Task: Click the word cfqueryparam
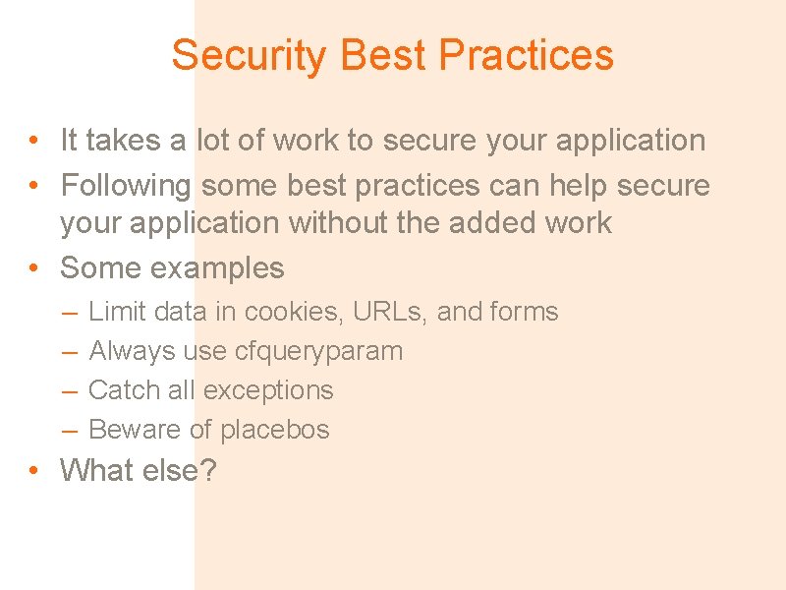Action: [x=319, y=351]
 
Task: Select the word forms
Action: [x=524, y=312]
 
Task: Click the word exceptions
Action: [x=268, y=390]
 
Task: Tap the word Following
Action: [x=126, y=185]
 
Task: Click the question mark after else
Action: [x=207, y=470]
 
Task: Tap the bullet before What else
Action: [x=34, y=471]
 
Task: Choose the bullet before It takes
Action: [x=34, y=141]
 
